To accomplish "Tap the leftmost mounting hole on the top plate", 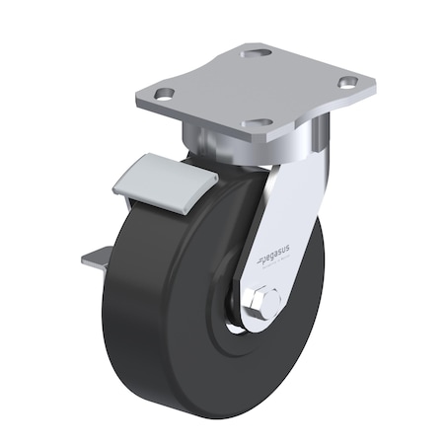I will [x=165, y=94].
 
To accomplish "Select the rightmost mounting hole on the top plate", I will [x=347, y=83].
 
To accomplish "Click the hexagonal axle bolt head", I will [x=264, y=300].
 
